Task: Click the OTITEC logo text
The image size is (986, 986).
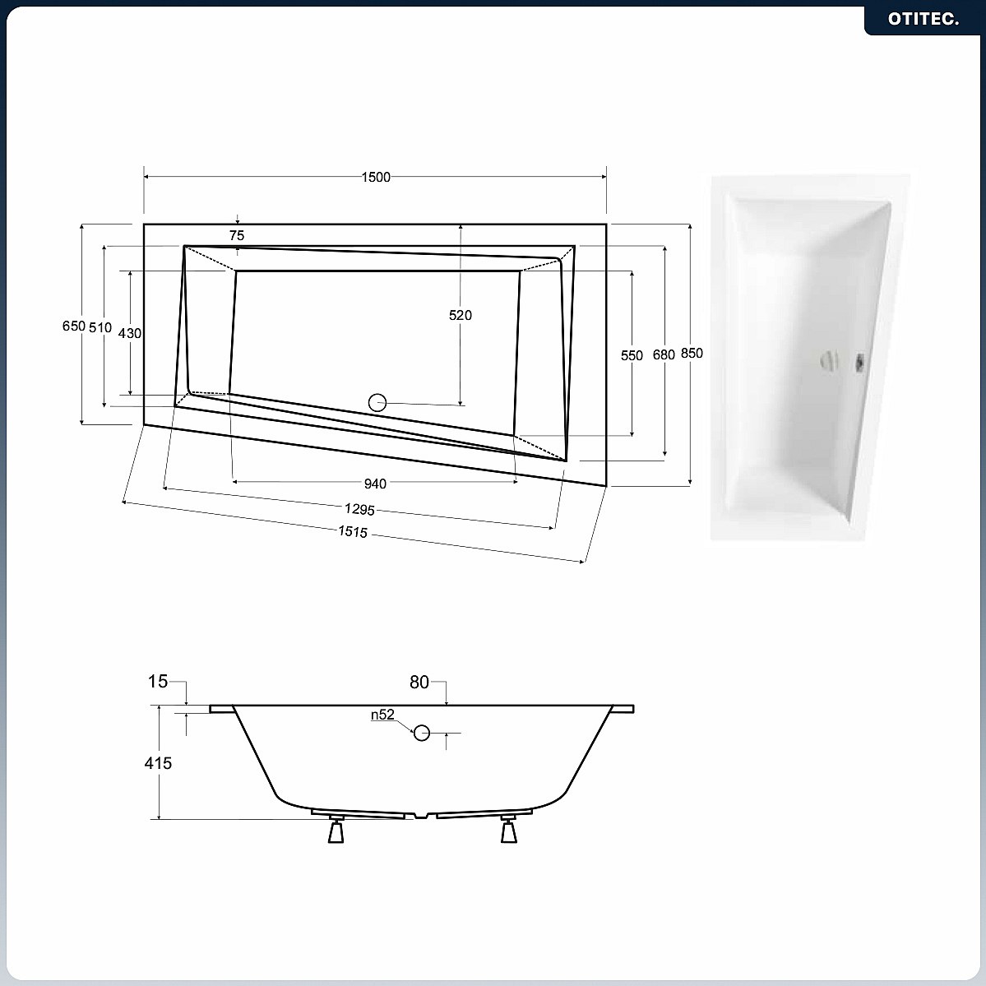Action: [924, 19]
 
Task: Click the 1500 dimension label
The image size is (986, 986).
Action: [376, 178]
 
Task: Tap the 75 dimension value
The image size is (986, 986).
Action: [237, 235]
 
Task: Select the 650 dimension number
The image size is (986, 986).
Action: [73, 326]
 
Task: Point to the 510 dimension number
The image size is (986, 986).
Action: [100, 327]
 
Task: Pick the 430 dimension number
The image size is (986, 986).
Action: [130, 333]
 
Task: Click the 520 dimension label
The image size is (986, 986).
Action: [461, 315]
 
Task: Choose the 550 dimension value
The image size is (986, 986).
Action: [632, 355]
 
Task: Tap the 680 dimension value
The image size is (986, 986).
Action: [664, 354]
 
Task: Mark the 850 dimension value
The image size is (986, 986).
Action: [692, 354]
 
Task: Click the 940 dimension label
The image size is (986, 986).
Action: [376, 484]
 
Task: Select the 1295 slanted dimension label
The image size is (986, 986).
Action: [359, 509]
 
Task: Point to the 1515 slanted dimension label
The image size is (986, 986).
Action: [353, 532]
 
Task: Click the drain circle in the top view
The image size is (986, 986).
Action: [377, 402]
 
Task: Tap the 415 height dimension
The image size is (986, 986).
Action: [158, 763]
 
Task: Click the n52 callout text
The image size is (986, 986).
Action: [382, 715]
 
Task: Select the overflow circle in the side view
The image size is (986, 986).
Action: [421, 733]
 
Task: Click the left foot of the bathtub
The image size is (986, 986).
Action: [336, 830]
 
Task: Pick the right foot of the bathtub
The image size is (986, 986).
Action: [509, 830]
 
